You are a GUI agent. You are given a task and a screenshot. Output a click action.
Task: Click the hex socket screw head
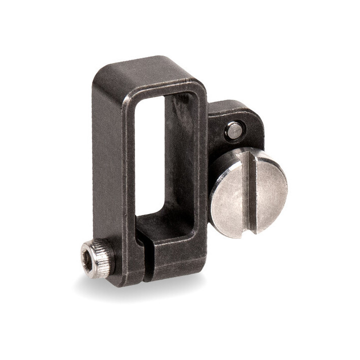click(94, 257)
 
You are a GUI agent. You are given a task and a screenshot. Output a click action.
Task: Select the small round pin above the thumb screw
click(234, 131)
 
